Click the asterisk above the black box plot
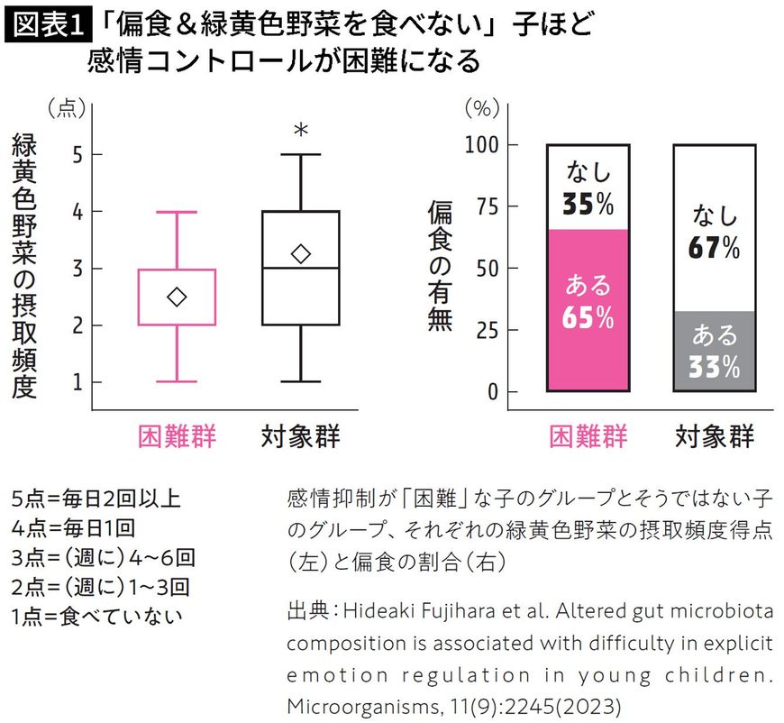(x=301, y=132)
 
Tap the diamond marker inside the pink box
(x=177, y=297)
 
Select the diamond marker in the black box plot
(x=301, y=254)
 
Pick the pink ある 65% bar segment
(x=588, y=311)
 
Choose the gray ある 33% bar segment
(x=715, y=352)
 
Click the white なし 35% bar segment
(x=588, y=188)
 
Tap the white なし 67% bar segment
(x=715, y=227)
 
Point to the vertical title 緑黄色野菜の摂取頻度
(x=24, y=267)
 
